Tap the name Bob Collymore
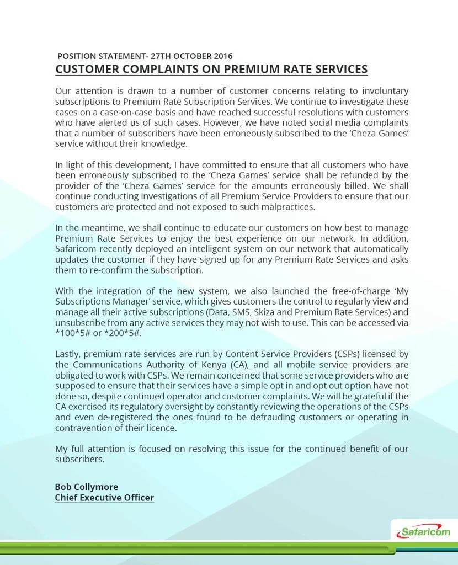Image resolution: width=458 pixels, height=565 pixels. pyautogui.click(x=86, y=487)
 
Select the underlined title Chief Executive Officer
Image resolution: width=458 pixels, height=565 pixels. pyautogui.click(x=104, y=498)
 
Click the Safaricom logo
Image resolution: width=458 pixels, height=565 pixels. pyautogui.click(x=424, y=532)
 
